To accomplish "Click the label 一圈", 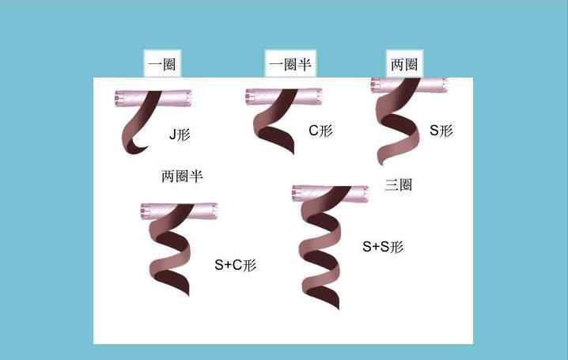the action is coord(162,64).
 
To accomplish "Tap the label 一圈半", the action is coord(290,64).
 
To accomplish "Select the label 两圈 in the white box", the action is coord(404,64).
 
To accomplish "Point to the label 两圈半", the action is coord(182,176).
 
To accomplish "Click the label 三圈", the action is coord(399,184).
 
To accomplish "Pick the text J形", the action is coord(180,135).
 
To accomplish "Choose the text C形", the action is coord(320,131).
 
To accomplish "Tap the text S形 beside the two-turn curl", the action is coord(441,131).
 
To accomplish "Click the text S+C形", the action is coord(236,265).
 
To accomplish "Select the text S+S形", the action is coord(383,247).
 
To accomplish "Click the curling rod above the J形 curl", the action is coord(153,98).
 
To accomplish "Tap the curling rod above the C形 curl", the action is coord(284,97).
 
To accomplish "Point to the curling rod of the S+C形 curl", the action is coord(179,211).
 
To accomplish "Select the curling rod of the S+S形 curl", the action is coord(331,193).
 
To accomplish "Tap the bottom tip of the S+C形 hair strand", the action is coord(188,295).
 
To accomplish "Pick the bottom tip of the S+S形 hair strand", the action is coord(339,309).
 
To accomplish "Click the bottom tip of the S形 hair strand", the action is coord(381,164).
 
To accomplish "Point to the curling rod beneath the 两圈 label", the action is coord(409,85).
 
